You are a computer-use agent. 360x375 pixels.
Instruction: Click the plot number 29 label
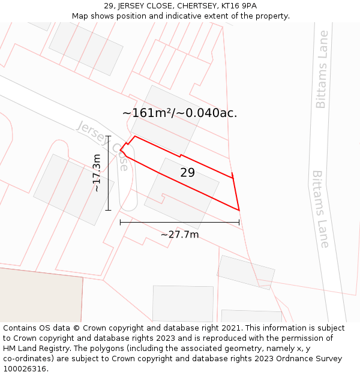[x=187, y=173]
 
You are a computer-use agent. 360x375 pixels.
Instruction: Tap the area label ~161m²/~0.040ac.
[x=179, y=113]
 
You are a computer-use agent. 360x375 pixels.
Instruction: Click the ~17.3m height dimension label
[x=97, y=173]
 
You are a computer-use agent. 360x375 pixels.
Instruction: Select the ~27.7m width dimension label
[x=179, y=235]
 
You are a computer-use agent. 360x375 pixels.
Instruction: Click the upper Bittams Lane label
[x=322, y=70]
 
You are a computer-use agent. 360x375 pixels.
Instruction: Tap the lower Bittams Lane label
[x=320, y=209]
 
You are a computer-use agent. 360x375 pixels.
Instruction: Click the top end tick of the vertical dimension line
[x=109, y=136]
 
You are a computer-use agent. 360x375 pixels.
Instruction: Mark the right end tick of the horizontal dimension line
[x=239, y=222]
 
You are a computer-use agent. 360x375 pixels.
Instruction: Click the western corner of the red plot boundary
[x=121, y=150]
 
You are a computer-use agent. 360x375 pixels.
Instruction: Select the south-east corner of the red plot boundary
[x=239, y=210]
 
